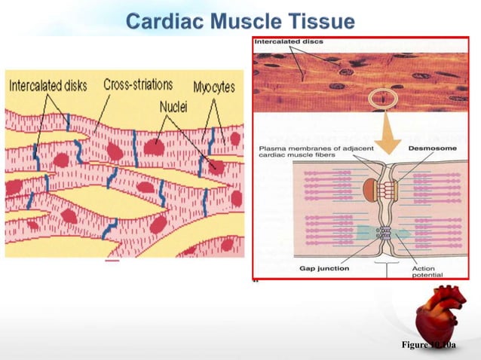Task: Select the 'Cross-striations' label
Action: (x=138, y=84)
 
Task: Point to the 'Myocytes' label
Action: (x=213, y=87)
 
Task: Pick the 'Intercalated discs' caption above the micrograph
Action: (x=289, y=42)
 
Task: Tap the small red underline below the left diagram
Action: (x=112, y=262)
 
